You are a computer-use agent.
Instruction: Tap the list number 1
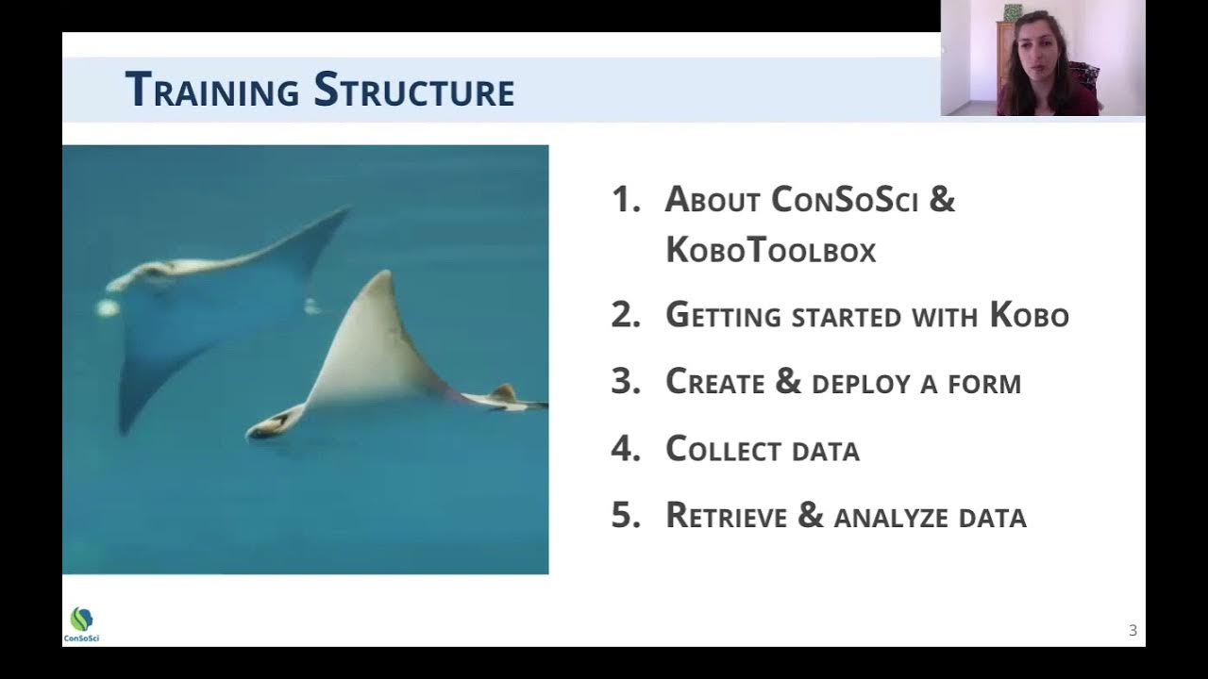[x=624, y=200]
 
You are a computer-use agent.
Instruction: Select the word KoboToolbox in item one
[x=770, y=250]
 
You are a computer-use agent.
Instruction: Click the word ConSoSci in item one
[x=844, y=200]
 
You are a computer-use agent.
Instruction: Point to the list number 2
[x=625, y=315]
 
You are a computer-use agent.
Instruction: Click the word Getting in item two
[x=724, y=316]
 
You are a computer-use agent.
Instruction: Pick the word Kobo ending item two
[x=1029, y=315]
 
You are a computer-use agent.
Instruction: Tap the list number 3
[x=625, y=382]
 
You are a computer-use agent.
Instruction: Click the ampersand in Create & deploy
[x=787, y=382]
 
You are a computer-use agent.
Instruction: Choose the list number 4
[x=625, y=449]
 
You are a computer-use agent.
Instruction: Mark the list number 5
[x=625, y=516]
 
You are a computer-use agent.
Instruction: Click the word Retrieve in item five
[x=726, y=516]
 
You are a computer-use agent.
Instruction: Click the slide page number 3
[x=1132, y=631]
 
